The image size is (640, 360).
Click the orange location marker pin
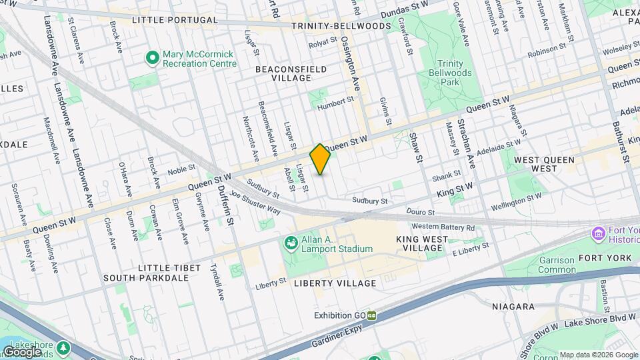[x=320, y=159]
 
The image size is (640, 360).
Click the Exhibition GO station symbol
[x=371, y=315]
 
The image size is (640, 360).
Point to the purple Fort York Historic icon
[x=597, y=234]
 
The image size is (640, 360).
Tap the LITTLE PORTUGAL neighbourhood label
[x=175, y=20]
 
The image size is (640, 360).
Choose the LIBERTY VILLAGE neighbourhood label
[x=335, y=283]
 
